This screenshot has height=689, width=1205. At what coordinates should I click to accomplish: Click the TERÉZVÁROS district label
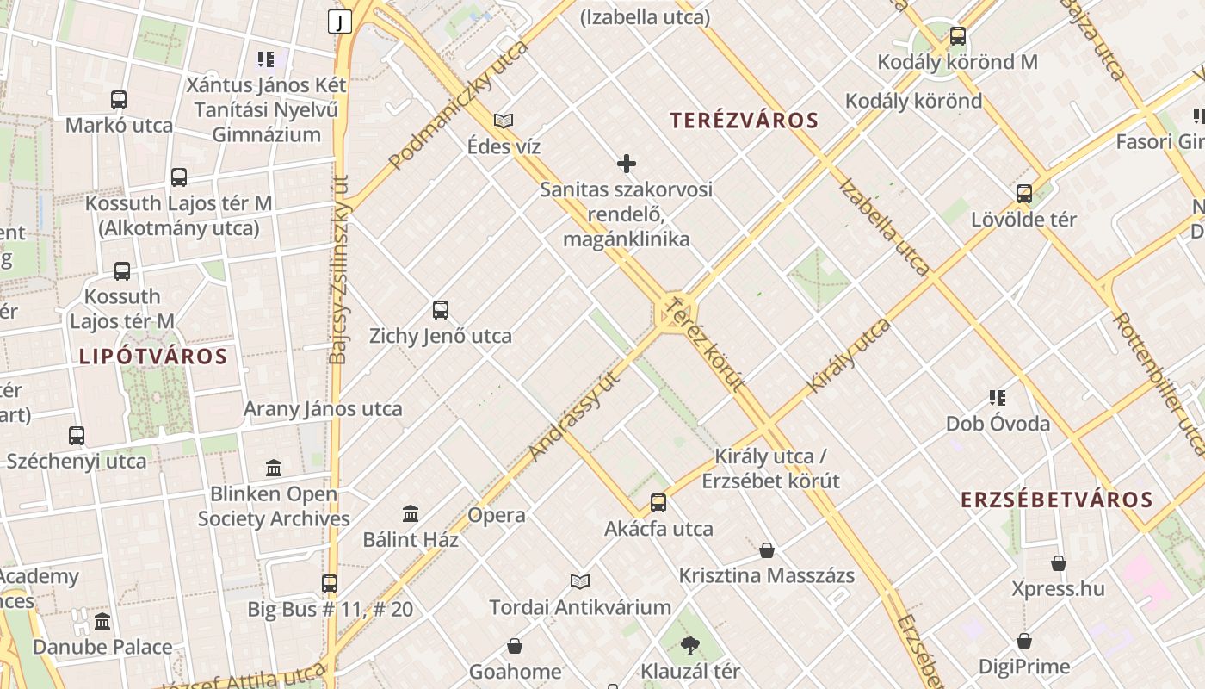[x=744, y=121]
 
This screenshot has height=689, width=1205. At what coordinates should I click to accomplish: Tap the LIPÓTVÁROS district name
[x=153, y=357]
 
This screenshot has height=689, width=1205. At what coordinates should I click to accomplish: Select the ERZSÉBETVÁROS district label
[x=1056, y=500]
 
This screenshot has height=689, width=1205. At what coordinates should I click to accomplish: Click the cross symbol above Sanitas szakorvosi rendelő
[x=627, y=164]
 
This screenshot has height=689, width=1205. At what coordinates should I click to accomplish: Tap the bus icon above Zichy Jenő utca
[x=441, y=310]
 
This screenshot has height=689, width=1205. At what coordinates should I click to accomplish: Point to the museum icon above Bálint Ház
[x=411, y=514]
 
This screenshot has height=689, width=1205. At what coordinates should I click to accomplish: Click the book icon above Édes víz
[x=504, y=121]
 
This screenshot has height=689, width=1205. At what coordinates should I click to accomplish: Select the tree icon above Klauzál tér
[x=689, y=646]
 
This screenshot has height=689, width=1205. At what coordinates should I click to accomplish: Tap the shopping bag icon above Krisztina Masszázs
[x=767, y=550]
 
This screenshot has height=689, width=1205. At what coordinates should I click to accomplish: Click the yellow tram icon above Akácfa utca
[x=658, y=503]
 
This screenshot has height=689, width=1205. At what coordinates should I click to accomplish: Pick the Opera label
[x=497, y=516]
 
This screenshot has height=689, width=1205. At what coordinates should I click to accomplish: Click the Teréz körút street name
[x=704, y=344]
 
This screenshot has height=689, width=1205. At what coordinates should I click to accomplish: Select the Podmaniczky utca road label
[x=458, y=105]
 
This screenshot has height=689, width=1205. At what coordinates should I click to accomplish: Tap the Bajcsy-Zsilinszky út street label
[x=340, y=270]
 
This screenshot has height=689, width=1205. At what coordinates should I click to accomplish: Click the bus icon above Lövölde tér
[x=1024, y=194]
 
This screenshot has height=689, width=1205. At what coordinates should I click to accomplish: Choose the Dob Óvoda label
[x=998, y=424]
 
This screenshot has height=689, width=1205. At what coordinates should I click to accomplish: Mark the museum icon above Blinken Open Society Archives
[x=274, y=469]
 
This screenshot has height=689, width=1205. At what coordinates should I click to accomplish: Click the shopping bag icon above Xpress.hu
[x=1059, y=564]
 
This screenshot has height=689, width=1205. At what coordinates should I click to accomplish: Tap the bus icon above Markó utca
[x=119, y=100]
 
